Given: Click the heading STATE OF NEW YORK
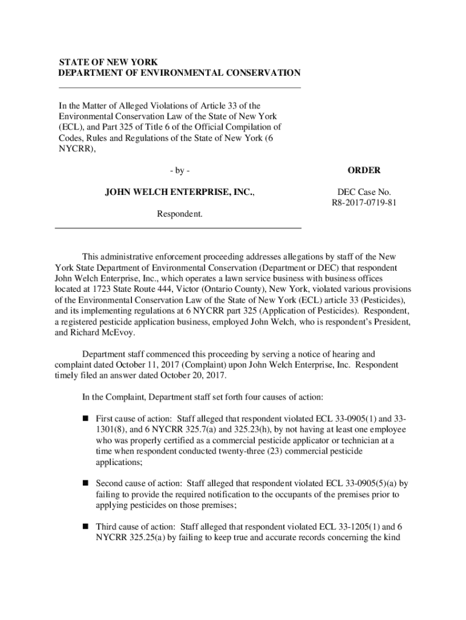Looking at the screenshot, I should point(108,62).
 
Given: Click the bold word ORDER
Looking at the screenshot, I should point(363,171).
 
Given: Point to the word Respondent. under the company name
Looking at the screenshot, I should point(180,214).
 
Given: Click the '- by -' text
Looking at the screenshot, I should point(180,171).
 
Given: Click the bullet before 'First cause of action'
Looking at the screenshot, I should point(85,418).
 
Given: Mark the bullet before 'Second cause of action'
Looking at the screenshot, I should point(85,483).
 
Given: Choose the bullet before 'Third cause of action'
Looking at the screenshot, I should point(85,527).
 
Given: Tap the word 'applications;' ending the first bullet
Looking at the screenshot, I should point(119,462).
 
